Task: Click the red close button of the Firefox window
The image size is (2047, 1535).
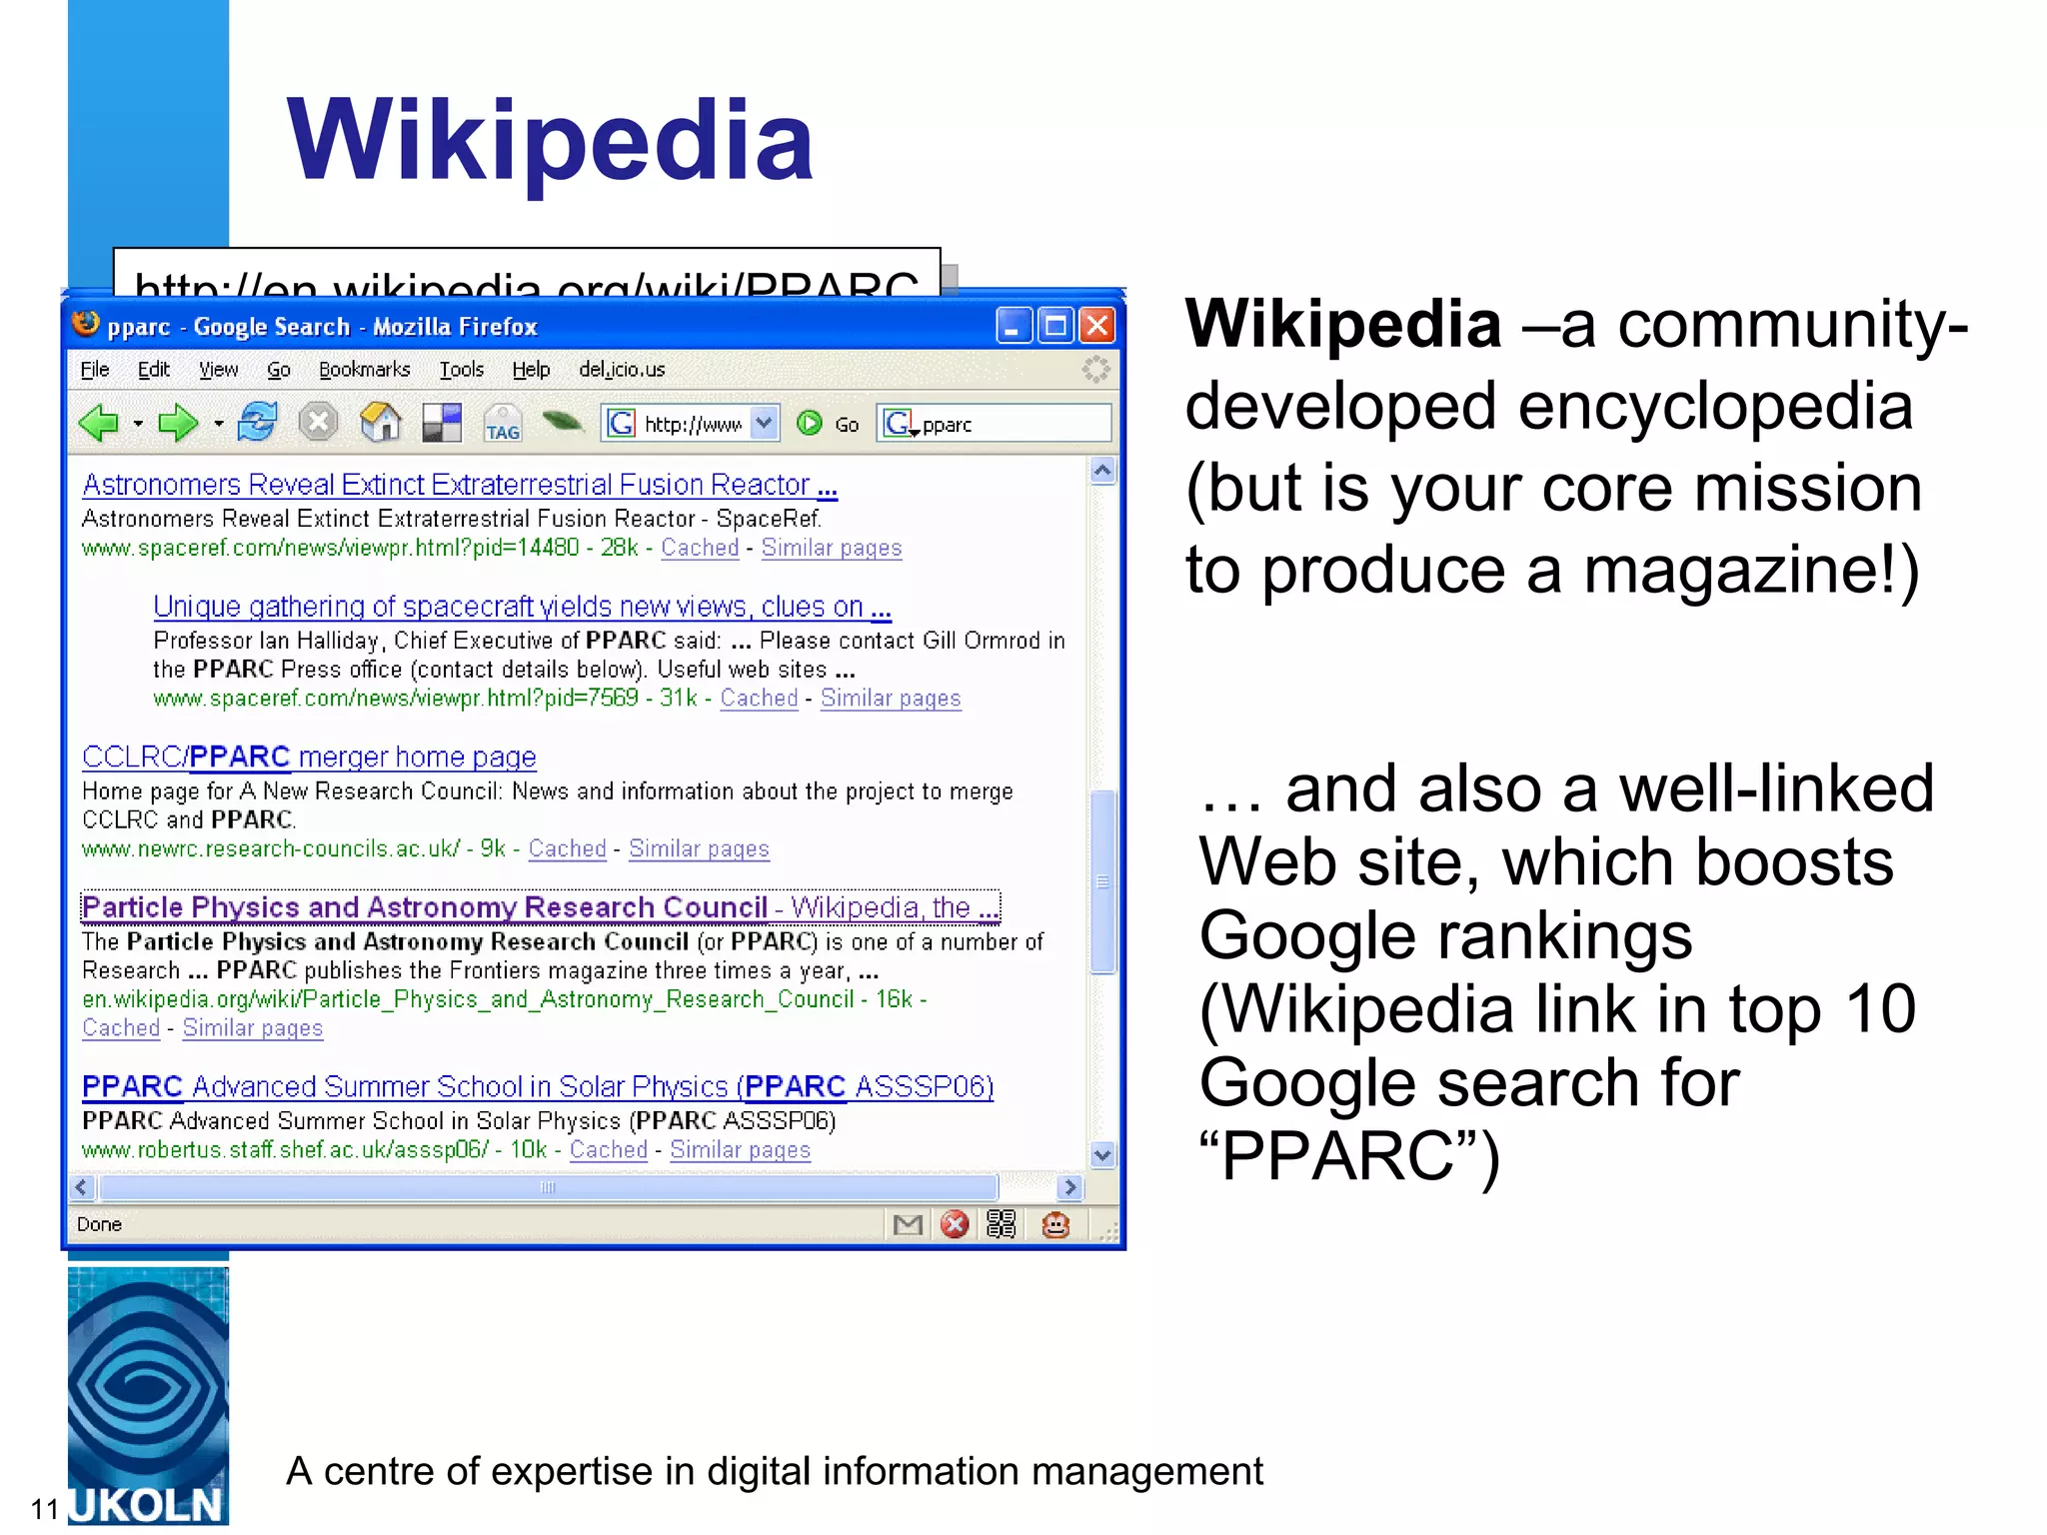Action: pyautogui.click(x=1097, y=326)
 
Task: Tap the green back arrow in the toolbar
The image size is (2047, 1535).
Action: pyautogui.click(x=99, y=424)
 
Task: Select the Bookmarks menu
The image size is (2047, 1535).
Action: pyautogui.click(x=364, y=370)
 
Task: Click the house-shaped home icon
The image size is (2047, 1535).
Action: pyautogui.click(x=380, y=423)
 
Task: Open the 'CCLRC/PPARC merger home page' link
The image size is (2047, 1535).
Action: pyautogui.click(x=309, y=758)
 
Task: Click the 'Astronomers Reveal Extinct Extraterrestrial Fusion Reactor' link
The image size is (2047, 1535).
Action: pyautogui.click(x=459, y=486)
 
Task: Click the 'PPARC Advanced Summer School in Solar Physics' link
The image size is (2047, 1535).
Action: pyautogui.click(x=537, y=1087)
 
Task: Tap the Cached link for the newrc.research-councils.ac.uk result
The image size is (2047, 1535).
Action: pyautogui.click(x=567, y=848)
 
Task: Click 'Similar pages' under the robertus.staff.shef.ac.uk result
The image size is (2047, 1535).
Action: pyautogui.click(x=740, y=1150)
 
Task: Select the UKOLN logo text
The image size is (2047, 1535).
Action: pyautogui.click(x=147, y=1505)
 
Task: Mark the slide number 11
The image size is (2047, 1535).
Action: pyautogui.click(x=45, y=1508)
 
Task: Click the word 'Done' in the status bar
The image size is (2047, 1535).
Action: pyautogui.click(x=99, y=1224)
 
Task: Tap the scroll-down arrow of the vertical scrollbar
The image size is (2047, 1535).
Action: pyautogui.click(x=1102, y=1155)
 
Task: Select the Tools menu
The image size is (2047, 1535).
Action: pyautogui.click(x=462, y=370)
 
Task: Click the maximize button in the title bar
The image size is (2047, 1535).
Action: pyautogui.click(x=1055, y=326)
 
